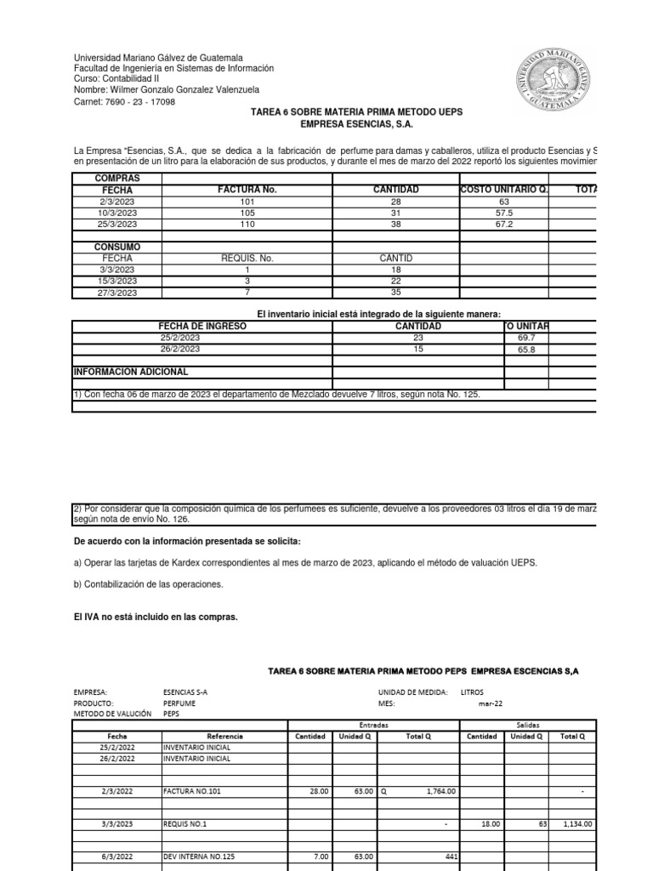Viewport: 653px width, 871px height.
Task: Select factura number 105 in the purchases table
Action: point(247,213)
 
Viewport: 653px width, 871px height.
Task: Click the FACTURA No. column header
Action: point(247,190)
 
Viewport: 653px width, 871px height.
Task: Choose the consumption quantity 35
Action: point(395,292)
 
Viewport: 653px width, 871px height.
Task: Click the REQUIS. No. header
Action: point(247,258)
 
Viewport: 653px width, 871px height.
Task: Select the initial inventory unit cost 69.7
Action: point(526,338)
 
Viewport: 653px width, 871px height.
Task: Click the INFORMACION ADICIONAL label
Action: point(131,372)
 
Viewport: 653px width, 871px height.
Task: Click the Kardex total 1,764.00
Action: point(437,791)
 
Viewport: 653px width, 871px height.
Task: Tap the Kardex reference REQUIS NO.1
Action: point(185,824)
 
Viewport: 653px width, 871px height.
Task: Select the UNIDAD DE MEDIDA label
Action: point(413,692)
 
